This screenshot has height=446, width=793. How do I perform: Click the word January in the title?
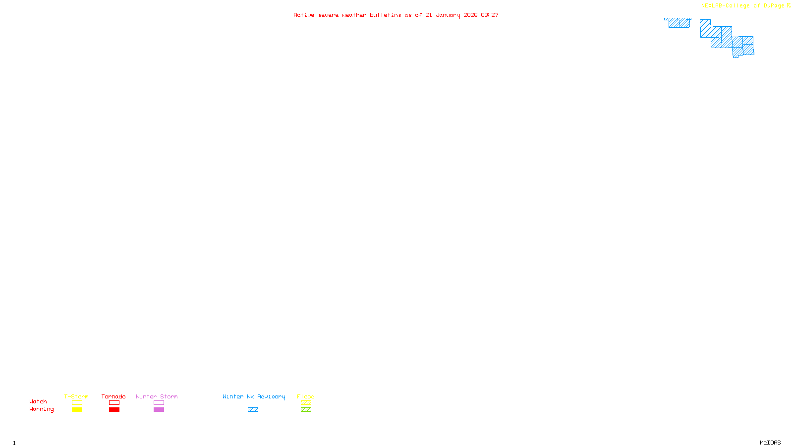pyautogui.click(x=448, y=15)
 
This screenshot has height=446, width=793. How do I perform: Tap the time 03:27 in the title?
pyautogui.click(x=490, y=15)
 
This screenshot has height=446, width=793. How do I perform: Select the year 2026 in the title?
pyautogui.click(x=470, y=15)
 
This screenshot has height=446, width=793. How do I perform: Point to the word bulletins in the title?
pyautogui.click(x=386, y=15)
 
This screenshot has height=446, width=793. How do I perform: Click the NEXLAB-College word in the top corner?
pyautogui.click(x=726, y=6)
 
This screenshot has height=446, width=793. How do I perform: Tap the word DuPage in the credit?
pyautogui.click(x=774, y=6)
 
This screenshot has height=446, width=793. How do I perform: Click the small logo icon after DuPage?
pyautogui.click(x=789, y=5)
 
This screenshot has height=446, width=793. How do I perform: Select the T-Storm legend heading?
pyautogui.click(x=76, y=396)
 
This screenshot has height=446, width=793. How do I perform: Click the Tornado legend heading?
pyautogui.click(x=113, y=396)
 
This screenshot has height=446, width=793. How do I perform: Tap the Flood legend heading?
pyautogui.click(x=306, y=396)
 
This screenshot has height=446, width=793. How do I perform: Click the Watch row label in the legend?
pyautogui.click(x=38, y=401)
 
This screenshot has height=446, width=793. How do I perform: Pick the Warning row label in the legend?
pyautogui.click(x=41, y=409)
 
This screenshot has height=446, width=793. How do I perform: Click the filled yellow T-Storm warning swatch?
pyautogui.click(x=77, y=410)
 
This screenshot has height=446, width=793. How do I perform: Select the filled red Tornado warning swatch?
pyautogui.click(x=114, y=410)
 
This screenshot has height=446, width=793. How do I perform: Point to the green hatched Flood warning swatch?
pyautogui.click(x=306, y=410)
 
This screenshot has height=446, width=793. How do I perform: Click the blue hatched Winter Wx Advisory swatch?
pyautogui.click(x=253, y=410)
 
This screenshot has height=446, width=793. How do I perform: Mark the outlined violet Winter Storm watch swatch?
pyautogui.click(x=159, y=403)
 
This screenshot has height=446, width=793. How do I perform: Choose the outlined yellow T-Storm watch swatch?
pyautogui.click(x=77, y=403)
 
